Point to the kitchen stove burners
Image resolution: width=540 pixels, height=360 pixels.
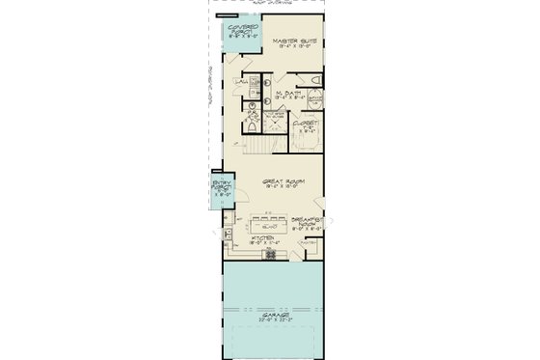pyautogui.click(x=271, y=256)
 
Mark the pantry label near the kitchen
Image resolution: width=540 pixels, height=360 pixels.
pyautogui.click(x=308, y=242)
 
